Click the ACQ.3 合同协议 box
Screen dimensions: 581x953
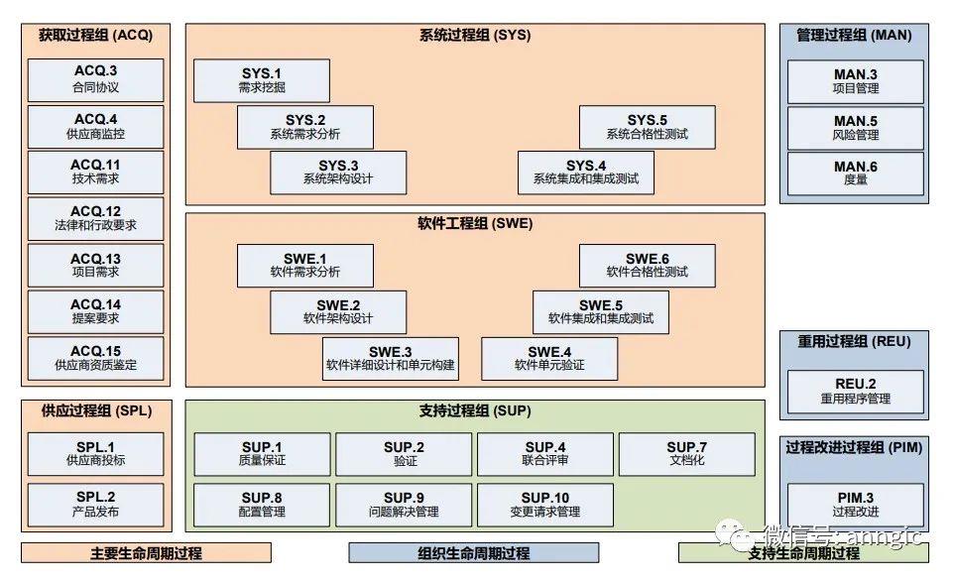coord(95,79)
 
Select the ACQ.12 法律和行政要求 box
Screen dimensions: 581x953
coord(95,218)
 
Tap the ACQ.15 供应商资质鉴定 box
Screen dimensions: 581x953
coord(95,358)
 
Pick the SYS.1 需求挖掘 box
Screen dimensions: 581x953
coord(262,80)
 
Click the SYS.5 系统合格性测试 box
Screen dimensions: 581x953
coord(647,127)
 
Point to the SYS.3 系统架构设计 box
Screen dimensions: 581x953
coord(338,173)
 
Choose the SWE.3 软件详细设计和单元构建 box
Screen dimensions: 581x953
coord(390,358)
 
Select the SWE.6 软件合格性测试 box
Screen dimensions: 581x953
coord(647,265)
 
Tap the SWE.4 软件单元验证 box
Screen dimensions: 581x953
coord(549,358)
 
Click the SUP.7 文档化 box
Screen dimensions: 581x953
coord(686,454)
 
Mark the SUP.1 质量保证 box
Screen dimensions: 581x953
coord(262,454)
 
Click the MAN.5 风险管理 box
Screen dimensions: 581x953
coord(855,127)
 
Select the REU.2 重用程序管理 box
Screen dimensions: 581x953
coord(855,391)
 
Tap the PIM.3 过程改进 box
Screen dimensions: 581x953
coord(855,505)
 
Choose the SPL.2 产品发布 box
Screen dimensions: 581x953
coord(95,505)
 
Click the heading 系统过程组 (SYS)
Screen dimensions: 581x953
coord(475,35)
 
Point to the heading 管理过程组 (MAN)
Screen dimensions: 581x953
coord(854,35)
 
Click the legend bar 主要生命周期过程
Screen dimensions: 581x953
coord(146,553)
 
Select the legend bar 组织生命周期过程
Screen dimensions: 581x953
coord(474,553)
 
